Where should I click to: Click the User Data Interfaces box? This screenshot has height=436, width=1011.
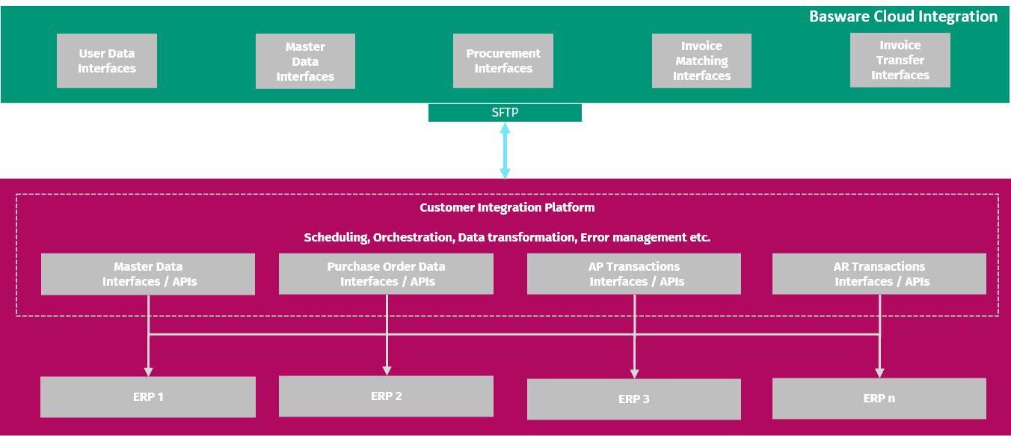point(107,61)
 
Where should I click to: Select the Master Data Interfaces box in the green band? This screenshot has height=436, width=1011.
point(305,61)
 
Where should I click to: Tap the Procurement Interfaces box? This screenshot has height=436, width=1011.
point(503,61)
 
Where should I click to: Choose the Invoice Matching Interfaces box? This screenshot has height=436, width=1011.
point(701,61)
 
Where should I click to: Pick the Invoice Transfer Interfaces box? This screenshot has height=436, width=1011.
point(900,60)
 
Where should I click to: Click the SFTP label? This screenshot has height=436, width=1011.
point(505,112)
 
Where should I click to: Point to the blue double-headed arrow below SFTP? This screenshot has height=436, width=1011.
point(505,151)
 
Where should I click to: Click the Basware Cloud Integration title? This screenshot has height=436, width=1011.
point(903,16)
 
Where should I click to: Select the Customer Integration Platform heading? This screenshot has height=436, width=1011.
point(507,207)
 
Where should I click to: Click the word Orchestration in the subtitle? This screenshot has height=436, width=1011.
point(413,238)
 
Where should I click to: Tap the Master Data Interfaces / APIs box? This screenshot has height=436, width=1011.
point(148,274)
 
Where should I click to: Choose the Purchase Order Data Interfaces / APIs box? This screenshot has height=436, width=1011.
point(386,274)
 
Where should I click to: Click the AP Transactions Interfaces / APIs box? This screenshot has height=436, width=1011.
point(634,274)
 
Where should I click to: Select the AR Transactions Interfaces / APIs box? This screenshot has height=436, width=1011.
point(879,274)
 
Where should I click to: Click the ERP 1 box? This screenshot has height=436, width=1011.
point(148,396)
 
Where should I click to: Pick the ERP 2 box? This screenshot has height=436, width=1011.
point(386,396)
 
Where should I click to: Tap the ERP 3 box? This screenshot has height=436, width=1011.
point(634,399)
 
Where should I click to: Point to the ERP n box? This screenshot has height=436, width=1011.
point(879,398)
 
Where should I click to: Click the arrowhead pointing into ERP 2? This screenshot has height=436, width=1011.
point(387,369)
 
